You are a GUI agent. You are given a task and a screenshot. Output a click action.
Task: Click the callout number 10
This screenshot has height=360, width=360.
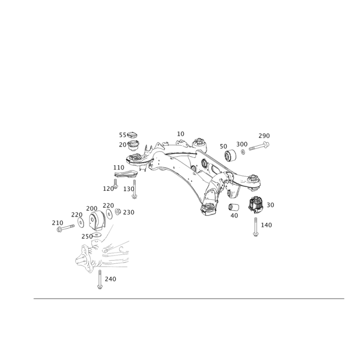[x=180, y=134]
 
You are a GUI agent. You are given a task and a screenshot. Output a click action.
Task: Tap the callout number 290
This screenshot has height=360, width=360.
[x=264, y=136]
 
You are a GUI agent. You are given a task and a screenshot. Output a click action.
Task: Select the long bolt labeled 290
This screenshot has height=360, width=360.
[x=259, y=146]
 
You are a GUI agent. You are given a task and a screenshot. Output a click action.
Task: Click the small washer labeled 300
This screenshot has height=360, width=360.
[x=243, y=152]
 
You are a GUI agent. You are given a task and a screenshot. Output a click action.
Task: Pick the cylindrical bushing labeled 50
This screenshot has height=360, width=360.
[x=230, y=155]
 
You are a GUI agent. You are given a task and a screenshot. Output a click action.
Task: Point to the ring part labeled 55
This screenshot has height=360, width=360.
[x=132, y=135]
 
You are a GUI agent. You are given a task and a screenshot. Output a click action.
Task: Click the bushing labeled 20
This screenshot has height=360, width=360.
[x=133, y=145]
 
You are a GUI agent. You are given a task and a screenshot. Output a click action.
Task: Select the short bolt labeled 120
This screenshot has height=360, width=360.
[x=116, y=184]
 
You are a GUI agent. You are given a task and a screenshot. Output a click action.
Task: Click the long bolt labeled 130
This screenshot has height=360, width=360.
[x=134, y=189]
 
